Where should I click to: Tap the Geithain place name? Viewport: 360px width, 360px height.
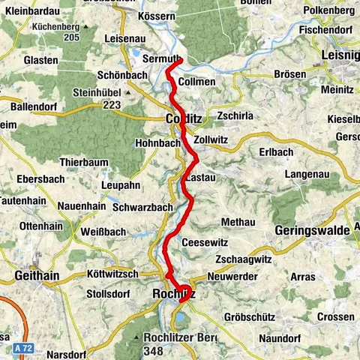point(36,276)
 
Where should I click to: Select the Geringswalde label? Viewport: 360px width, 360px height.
point(313,230)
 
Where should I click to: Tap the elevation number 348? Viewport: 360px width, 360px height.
point(154,350)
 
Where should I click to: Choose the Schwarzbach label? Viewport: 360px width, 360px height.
point(142,206)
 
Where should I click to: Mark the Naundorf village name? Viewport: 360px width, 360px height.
point(281,339)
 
